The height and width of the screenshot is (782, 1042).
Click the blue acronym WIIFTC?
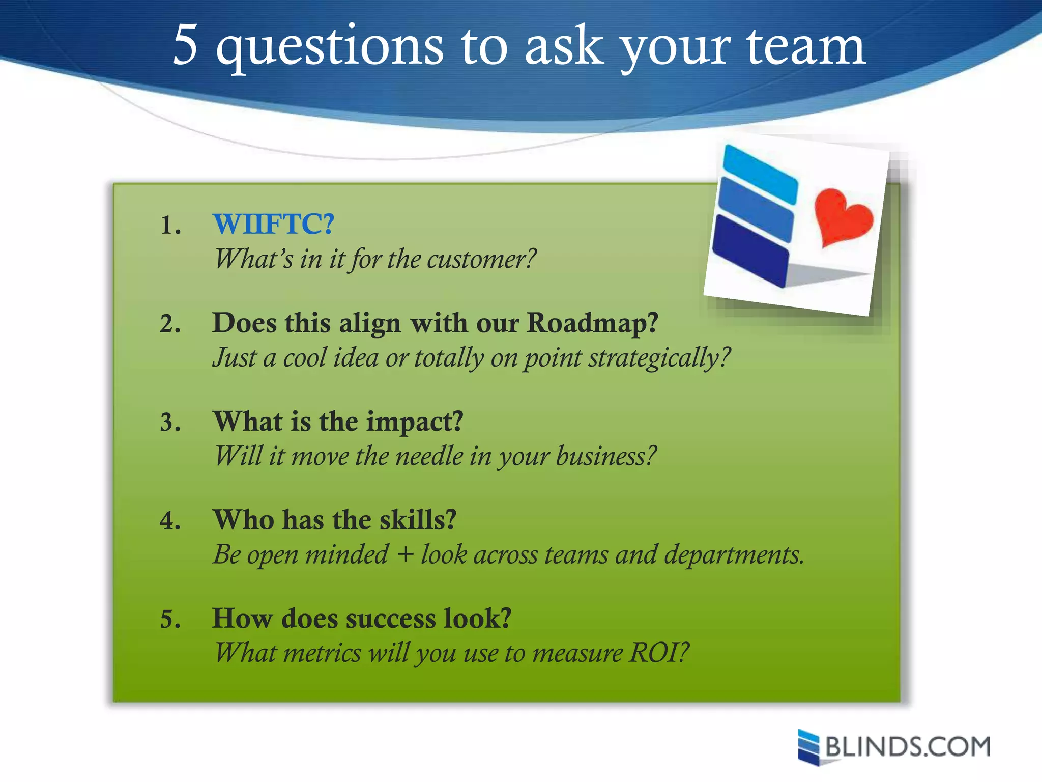(x=273, y=224)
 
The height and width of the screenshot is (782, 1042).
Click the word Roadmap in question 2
(x=592, y=323)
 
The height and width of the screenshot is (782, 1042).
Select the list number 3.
(x=170, y=423)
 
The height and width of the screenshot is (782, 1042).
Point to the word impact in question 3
(x=414, y=423)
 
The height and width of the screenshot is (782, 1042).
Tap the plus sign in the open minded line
(x=405, y=554)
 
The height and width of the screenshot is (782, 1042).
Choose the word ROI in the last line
(x=658, y=653)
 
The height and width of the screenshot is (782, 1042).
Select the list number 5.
(x=170, y=620)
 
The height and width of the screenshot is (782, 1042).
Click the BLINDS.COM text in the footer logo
(x=908, y=747)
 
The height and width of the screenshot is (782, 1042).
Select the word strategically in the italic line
(x=659, y=358)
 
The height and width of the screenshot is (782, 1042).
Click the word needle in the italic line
(x=429, y=456)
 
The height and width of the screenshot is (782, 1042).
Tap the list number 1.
(x=170, y=225)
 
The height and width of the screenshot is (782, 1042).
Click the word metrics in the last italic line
(x=322, y=653)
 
